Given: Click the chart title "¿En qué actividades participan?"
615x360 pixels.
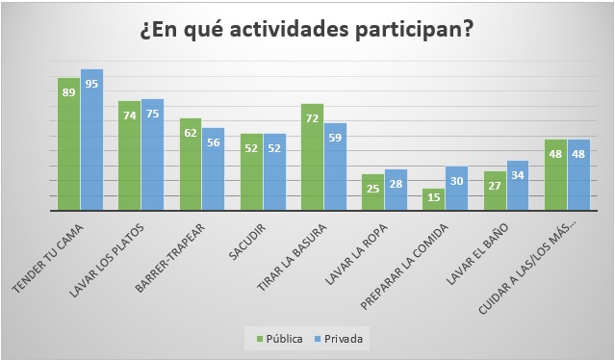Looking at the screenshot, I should click(x=307, y=29).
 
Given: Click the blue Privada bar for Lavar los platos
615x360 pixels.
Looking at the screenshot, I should click(x=152, y=154).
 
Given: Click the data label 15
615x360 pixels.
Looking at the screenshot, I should click(x=433, y=197).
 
